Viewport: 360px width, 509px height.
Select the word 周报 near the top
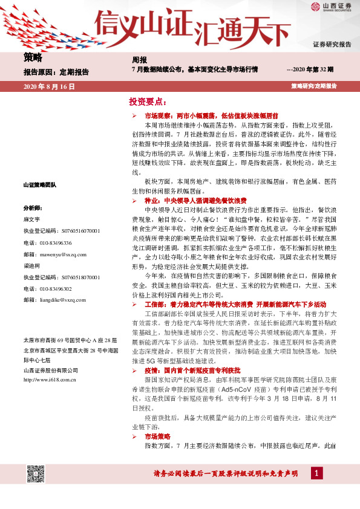pyautogui.click(x=139, y=60)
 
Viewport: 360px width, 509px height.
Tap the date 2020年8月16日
pyautogui.click(x=49, y=87)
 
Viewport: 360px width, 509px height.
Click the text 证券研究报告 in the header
pyautogui.click(x=332, y=45)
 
